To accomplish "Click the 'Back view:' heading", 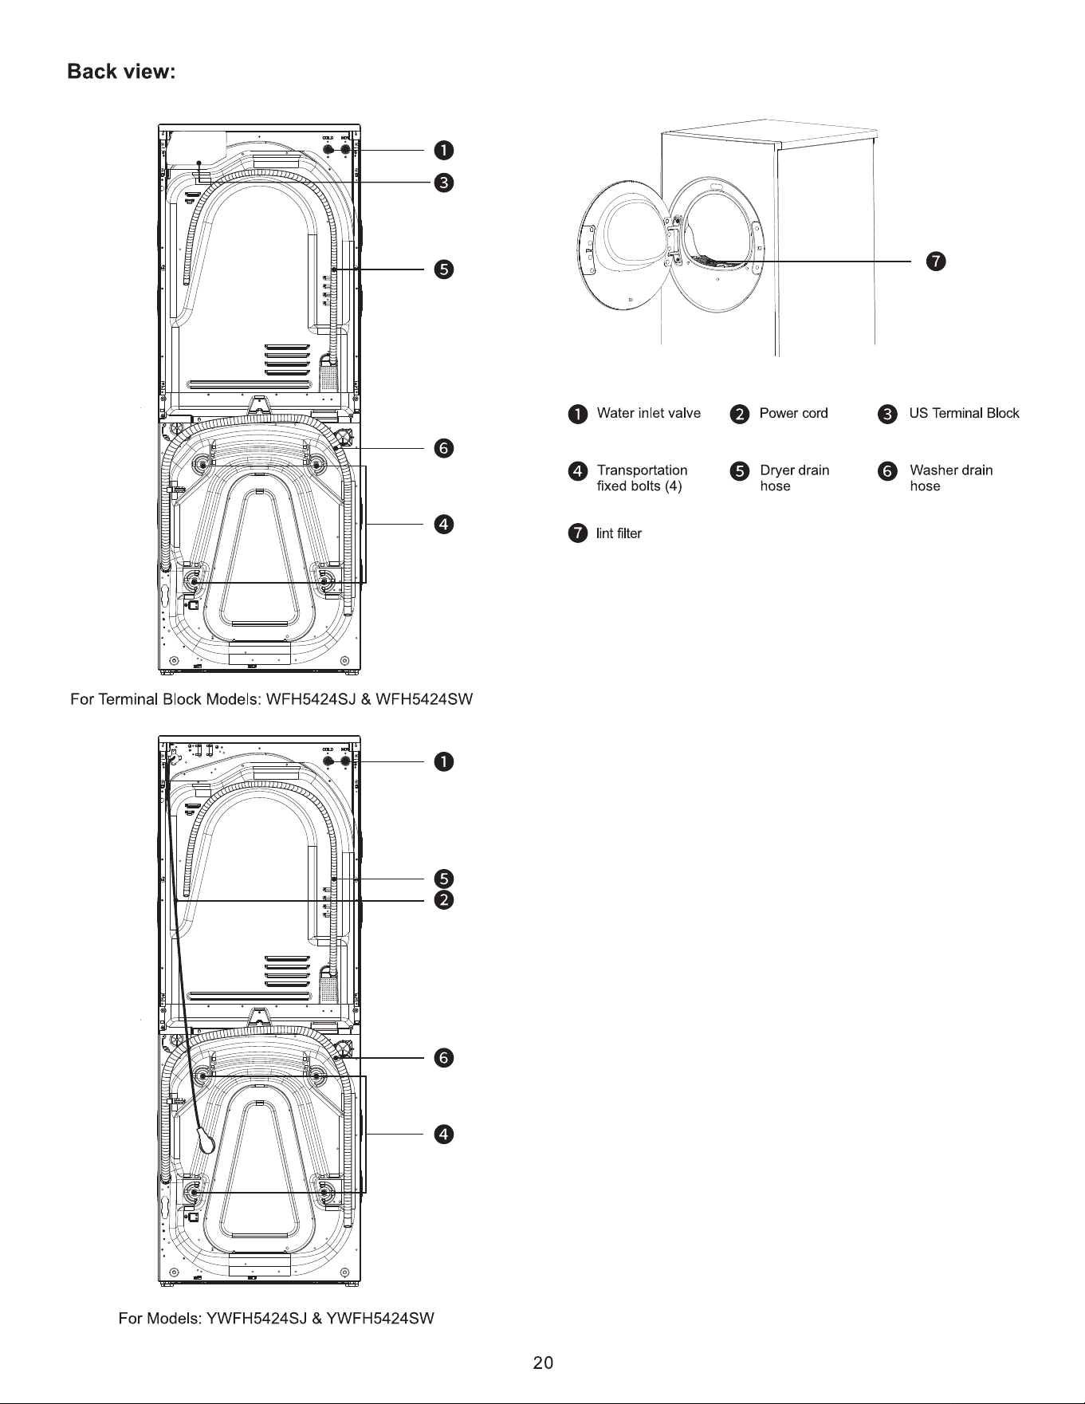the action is (x=121, y=72).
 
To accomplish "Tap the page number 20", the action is (x=543, y=1363).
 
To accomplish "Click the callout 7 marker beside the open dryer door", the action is (x=936, y=261).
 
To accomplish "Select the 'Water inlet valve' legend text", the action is (x=649, y=413).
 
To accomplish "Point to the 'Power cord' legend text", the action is (x=794, y=413).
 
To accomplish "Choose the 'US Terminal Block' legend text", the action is (x=965, y=413).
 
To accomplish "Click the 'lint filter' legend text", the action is (x=619, y=533).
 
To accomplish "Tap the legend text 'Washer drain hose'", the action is (x=951, y=478).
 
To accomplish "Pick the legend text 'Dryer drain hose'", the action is (x=795, y=478).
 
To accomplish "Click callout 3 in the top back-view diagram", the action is (x=444, y=183).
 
